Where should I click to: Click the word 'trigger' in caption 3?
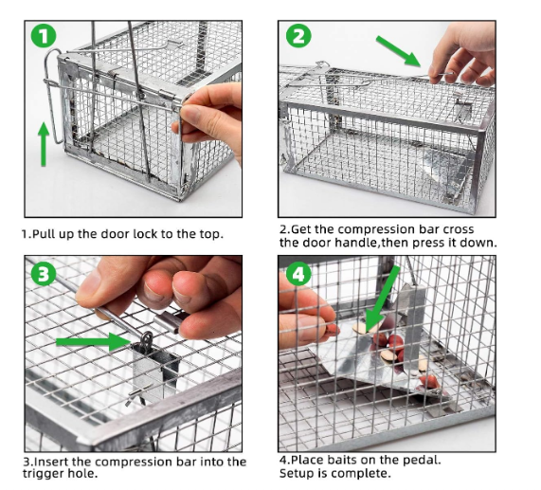click(45, 474)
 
